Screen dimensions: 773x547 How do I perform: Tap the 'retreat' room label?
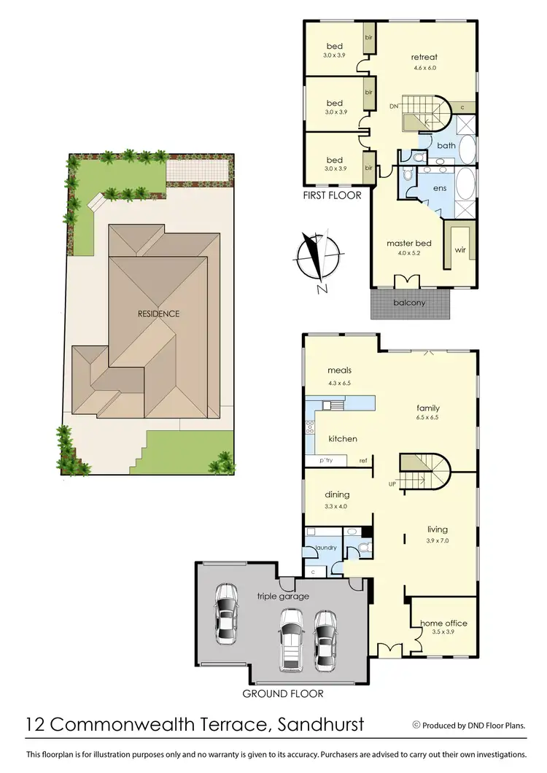click(x=424, y=57)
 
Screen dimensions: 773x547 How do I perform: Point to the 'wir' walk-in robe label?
click(x=460, y=249)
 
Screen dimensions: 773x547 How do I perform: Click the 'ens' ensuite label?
click(x=439, y=188)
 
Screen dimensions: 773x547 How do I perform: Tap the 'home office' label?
click(x=443, y=624)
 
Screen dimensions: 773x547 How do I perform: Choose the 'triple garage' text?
click(x=283, y=597)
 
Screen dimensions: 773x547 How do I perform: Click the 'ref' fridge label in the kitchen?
click(x=362, y=461)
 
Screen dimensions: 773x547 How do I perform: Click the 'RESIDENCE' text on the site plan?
click(x=158, y=314)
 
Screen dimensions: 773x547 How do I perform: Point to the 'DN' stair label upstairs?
click(x=394, y=106)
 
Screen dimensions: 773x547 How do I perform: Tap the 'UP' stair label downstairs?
click(x=392, y=483)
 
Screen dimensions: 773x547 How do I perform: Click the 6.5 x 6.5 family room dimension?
click(x=428, y=419)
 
